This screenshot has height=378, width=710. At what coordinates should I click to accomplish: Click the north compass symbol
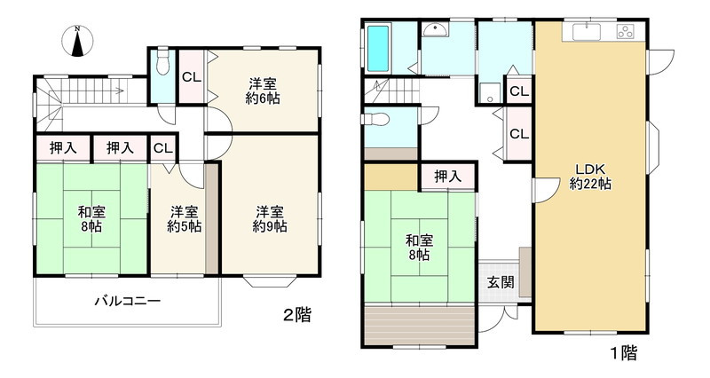78,41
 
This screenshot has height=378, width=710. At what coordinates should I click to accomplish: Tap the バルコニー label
128,302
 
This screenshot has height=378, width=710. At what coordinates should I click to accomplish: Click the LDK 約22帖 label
590,177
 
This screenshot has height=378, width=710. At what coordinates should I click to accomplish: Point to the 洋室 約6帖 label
263,91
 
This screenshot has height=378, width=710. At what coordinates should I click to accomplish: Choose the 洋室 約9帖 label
271,218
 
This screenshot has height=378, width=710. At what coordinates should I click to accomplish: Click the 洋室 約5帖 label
184,219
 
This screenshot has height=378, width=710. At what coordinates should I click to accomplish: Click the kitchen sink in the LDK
588,33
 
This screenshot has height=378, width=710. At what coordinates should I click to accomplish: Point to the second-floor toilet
162,64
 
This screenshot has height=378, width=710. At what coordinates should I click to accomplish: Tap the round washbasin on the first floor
434,32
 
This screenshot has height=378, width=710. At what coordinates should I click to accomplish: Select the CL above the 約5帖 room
162,148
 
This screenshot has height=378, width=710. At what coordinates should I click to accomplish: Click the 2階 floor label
296,315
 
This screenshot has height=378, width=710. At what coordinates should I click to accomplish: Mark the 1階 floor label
623,352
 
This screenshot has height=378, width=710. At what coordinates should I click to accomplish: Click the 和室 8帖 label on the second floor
89,219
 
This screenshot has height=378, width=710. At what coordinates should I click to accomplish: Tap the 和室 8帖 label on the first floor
419,247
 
